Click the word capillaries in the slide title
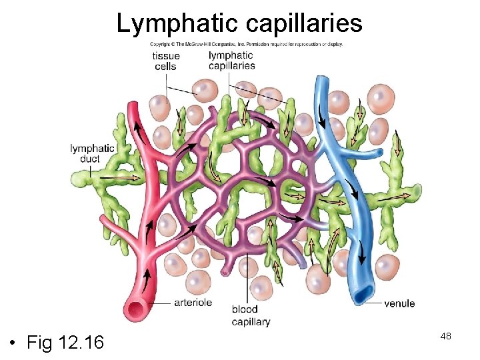tap(304, 24)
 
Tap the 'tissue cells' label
tap(165, 61)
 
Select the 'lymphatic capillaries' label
tap(231, 61)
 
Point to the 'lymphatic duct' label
tap(92, 153)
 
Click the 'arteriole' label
tap(193, 303)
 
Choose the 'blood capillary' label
tap(251, 315)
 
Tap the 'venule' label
tap(399, 303)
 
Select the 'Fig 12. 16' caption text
tap(65, 343)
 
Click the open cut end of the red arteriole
tap(139, 309)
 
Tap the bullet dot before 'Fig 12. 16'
tap(13, 343)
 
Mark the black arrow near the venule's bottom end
tap(361, 253)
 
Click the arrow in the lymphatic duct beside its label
tap(131, 177)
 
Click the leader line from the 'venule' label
tap(373, 303)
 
